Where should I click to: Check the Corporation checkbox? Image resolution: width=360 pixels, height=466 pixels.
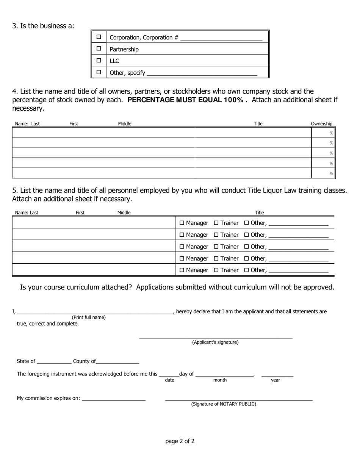tap(99, 37)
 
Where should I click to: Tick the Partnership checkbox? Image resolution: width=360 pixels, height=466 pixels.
tap(99, 48)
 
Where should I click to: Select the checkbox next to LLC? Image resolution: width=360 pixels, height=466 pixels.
tap(99, 60)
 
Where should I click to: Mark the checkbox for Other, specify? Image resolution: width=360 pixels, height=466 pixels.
tap(99, 72)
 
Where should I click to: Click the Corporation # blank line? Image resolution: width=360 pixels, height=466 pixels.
tap(221, 38)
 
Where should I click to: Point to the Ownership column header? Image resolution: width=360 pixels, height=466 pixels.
tap(321, 124)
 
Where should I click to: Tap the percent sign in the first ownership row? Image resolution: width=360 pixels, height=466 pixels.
tap(331, 133)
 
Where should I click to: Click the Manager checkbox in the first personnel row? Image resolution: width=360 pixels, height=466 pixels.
tap(182, 223)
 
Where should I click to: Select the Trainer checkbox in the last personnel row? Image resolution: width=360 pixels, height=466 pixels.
tap(216, 270)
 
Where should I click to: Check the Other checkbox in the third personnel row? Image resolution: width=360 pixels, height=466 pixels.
tap(247, 247)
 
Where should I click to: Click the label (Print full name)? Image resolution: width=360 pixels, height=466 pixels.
tap(89, 317)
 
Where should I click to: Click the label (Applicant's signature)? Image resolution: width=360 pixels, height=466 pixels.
tap(215, 342)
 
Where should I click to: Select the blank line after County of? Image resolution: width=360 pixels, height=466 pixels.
tap(118, 362)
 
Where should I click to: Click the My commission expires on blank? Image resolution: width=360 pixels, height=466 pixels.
tap(113, 399)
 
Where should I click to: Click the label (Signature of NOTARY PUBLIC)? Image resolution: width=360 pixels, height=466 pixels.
tap(224, 404)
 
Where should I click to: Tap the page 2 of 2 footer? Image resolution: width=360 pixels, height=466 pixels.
tap(180, 441)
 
